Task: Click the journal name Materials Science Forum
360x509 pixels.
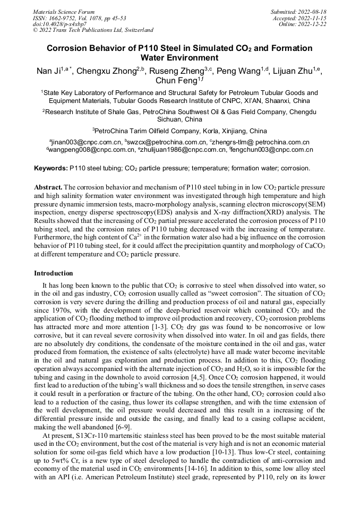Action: [64, 12]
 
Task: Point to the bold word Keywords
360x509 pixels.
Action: [50, 168]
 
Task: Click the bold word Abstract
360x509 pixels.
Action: [48, 187]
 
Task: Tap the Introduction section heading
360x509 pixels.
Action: [53, 273]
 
